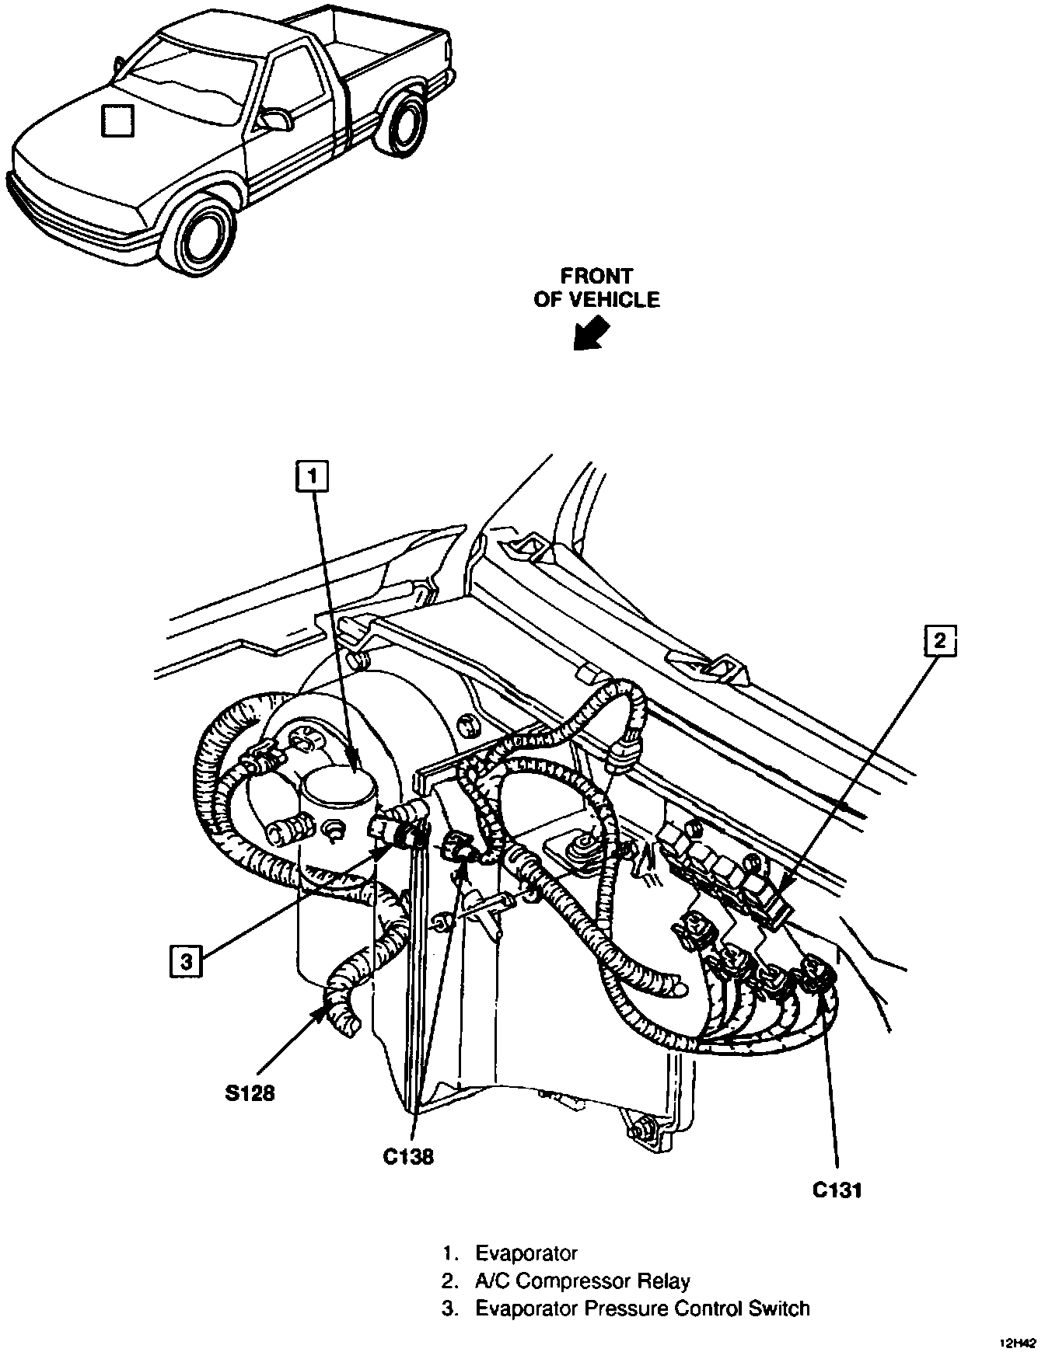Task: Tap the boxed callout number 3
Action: point(185,962)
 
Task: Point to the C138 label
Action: point(408,1156)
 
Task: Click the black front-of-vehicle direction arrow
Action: point(590,335)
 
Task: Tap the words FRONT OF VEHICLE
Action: point(596,287)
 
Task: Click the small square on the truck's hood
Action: point(117,120)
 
